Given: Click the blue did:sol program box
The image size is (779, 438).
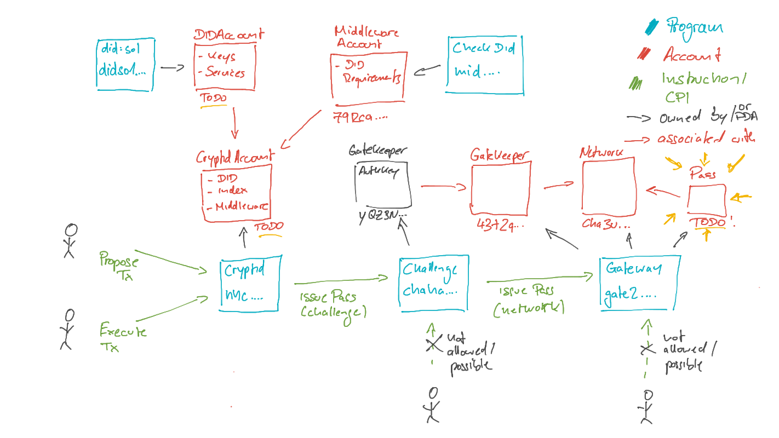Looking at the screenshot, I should coord(125,64).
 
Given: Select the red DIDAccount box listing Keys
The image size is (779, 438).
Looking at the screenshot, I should coord(225,66).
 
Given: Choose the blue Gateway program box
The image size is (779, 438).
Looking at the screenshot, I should coord(640,283).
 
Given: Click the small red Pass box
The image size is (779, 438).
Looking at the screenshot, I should coord(707,200).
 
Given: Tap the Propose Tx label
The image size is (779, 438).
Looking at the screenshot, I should coord(119,266).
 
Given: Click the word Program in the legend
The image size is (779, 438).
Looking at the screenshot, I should coord(694,27).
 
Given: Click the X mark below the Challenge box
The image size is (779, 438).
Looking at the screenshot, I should coord(433,344).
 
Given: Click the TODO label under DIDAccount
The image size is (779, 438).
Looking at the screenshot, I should coord(213,99).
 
